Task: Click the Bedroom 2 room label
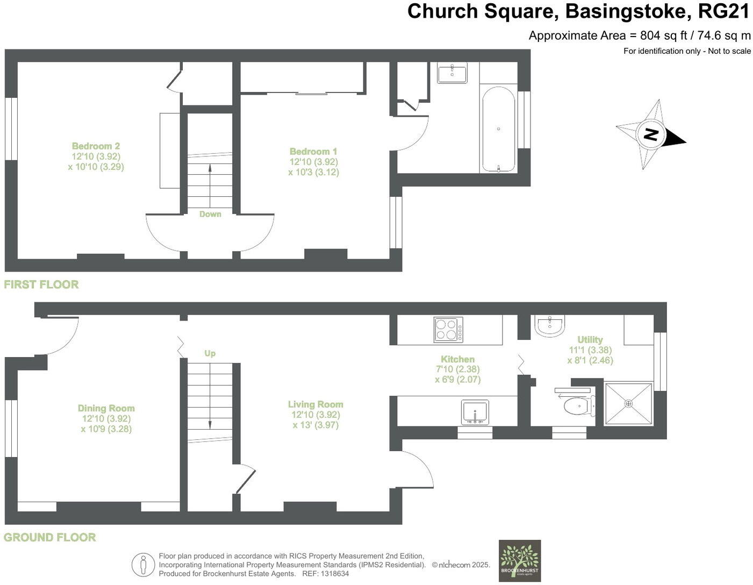[96, 146]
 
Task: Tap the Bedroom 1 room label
[313, 152]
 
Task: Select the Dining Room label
[106, 409]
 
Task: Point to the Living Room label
[315, 404]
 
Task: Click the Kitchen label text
[457, 359]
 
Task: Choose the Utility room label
[590, 340]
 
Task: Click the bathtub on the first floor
[499, 129]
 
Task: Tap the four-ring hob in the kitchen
[448, 330]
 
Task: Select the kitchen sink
[475, 412]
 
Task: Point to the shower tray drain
[628, 403]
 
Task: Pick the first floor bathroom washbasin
[452, 73]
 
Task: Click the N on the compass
[651, 134]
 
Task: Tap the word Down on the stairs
[210, 214]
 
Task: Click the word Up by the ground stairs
[210, 353]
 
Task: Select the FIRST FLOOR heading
[41, 284]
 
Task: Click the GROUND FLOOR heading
[50, 537]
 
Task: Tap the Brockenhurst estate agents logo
[519, 560]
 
